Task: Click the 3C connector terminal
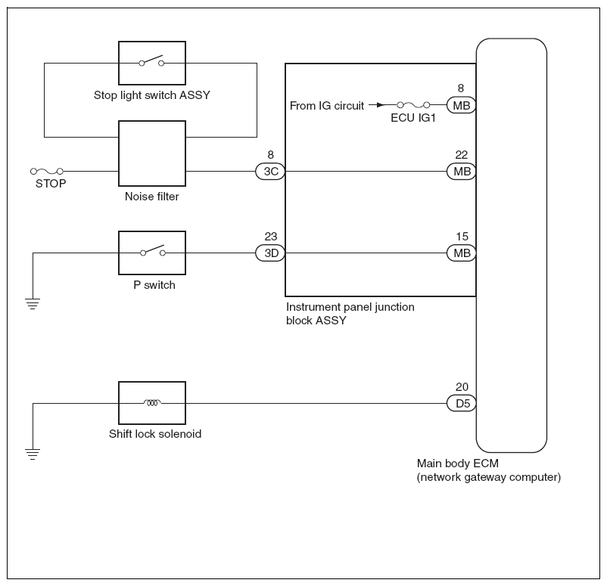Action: (x=270, y=172)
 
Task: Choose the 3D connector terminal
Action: (x=270, y=253)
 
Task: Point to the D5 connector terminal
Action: (x=462, y=404)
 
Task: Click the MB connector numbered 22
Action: (x=462, y=172)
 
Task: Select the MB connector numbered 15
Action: (x=462, y=253)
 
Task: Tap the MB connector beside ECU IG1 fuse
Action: (x=462, y=105)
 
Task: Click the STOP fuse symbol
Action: (x=47, y=172)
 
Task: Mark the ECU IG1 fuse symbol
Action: (x=413, y=105)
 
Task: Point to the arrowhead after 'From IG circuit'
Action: (x=381, y=105)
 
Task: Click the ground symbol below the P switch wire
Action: (x=33, y=304)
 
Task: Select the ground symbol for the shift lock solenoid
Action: (x=33, y=454)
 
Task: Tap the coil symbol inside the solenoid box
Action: (x=152, y=403)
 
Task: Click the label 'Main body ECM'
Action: (x=458, y=464)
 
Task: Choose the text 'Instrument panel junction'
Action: (x=350, y=307)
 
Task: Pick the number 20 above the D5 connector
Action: (x=462, y=387)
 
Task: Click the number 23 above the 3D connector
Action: (x=271, y=237)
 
